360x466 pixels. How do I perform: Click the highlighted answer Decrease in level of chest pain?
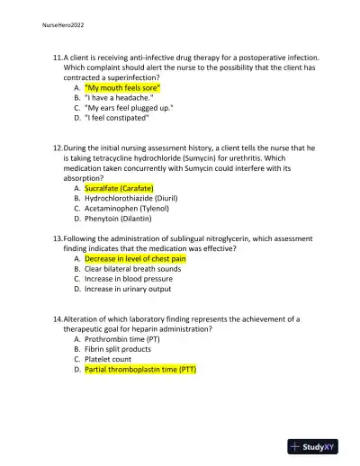(135, 258)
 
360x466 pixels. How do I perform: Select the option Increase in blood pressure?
(129, 278)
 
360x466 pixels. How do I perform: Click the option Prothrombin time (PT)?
(122, 339)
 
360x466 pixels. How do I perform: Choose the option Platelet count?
(108, 359)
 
